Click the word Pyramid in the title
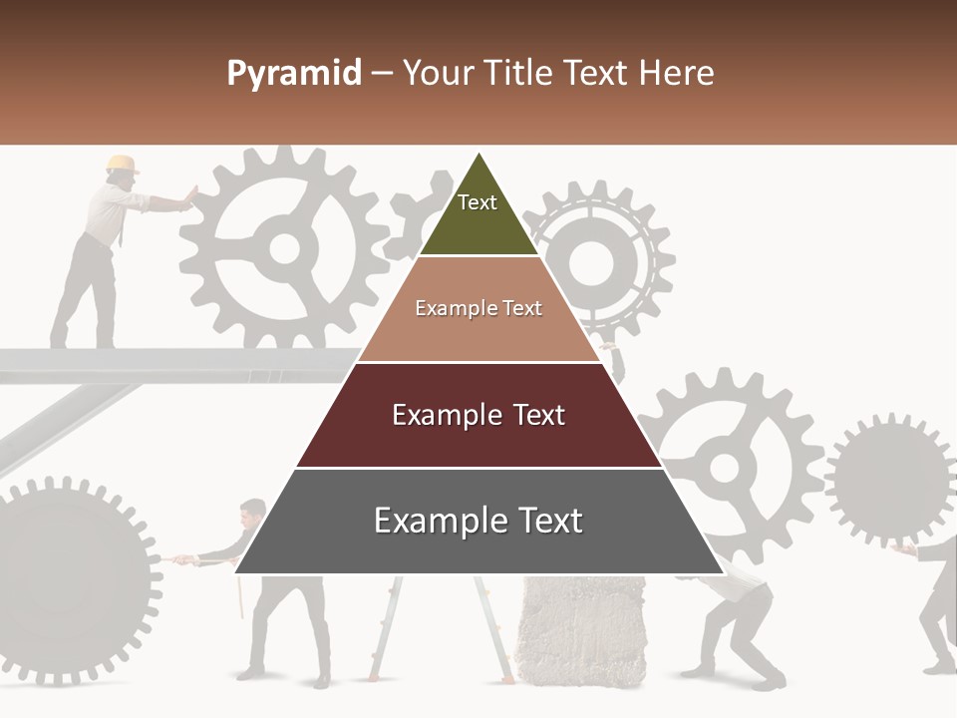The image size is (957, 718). pyautogui.click(x=293, y=74)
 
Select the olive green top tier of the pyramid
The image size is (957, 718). pyautogui.click(x=478, y=214)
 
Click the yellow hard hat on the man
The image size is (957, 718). pyautogui.click(x=122, y=164)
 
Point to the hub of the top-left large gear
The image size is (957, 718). pyautogui.click(x=285, y=247)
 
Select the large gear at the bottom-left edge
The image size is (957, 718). pyautogui.click(x=70, y=578)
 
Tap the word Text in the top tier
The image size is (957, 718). pyautogui.click(x=478, y=202)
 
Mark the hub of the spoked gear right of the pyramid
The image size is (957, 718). pyautogui.click(x=725, y=466)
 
